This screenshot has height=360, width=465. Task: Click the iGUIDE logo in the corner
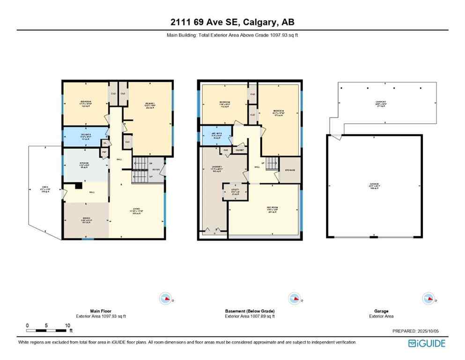click(427, 343)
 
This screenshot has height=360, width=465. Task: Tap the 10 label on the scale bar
click(67, 325)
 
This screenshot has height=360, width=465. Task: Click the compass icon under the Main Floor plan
click(165, 298)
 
